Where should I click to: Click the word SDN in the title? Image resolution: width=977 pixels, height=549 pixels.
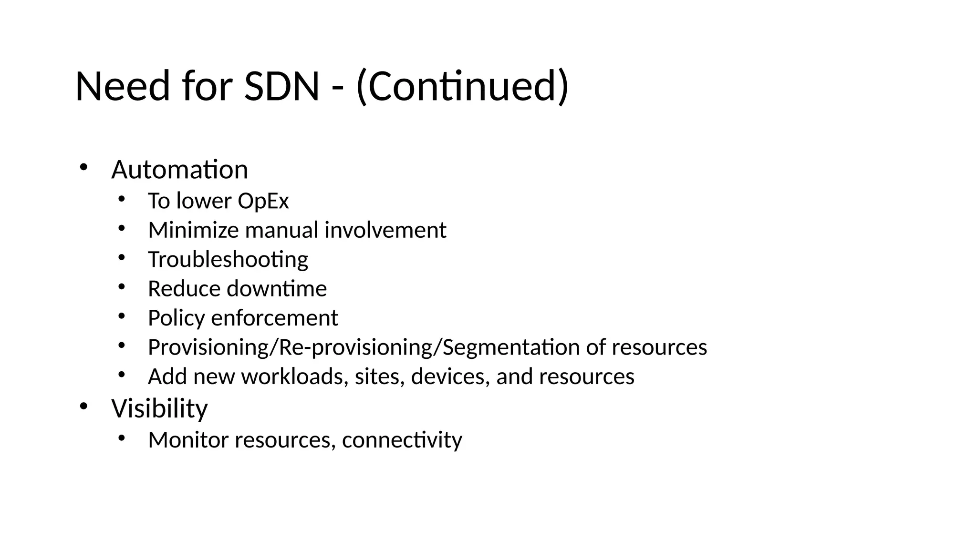281,86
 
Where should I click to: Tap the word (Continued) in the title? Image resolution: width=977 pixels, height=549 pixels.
462,86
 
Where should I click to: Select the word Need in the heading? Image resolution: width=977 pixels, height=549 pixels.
123,86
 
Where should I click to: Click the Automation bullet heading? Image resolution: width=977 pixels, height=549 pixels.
180,170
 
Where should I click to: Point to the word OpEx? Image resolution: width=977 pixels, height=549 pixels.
263,201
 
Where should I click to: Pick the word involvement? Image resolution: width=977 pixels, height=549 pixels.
385,230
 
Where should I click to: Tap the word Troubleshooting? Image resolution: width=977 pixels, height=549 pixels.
228,260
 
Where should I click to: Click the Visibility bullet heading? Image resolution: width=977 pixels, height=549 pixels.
160,408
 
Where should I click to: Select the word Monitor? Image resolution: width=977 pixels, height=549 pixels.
188,440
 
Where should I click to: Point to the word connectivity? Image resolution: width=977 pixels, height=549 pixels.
402,440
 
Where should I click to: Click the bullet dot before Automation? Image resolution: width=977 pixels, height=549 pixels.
83,167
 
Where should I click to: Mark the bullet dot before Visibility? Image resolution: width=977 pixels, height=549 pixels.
83,406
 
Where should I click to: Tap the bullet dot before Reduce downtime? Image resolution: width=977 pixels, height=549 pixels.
121,287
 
